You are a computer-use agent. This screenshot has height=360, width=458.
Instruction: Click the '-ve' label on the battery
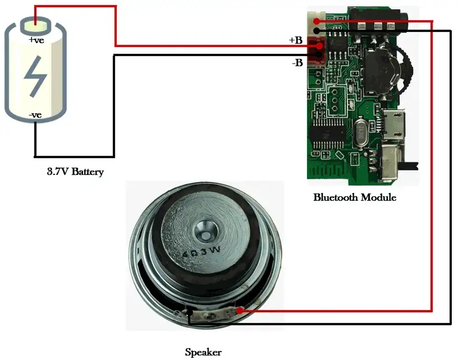[x=35, y=115]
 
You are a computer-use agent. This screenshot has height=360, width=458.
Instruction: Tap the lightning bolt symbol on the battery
[x=35, y=76]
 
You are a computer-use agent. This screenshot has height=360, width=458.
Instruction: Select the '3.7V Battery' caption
[x=75, y=172]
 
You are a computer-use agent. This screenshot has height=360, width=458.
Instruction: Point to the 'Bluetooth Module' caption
[x=355, y=197]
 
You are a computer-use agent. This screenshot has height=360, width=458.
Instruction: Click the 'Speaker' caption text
[x=203, y=352]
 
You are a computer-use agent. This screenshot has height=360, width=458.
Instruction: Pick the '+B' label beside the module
[x=296, y=40]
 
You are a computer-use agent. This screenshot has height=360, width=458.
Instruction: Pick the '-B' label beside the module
[x=297, y=63]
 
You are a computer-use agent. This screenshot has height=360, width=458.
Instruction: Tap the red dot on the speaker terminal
[x=240, y=310]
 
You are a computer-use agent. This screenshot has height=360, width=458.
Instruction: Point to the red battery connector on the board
[x=318, y=53]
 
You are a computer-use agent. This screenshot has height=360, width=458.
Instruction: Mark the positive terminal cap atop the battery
[x=35, y=25]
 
